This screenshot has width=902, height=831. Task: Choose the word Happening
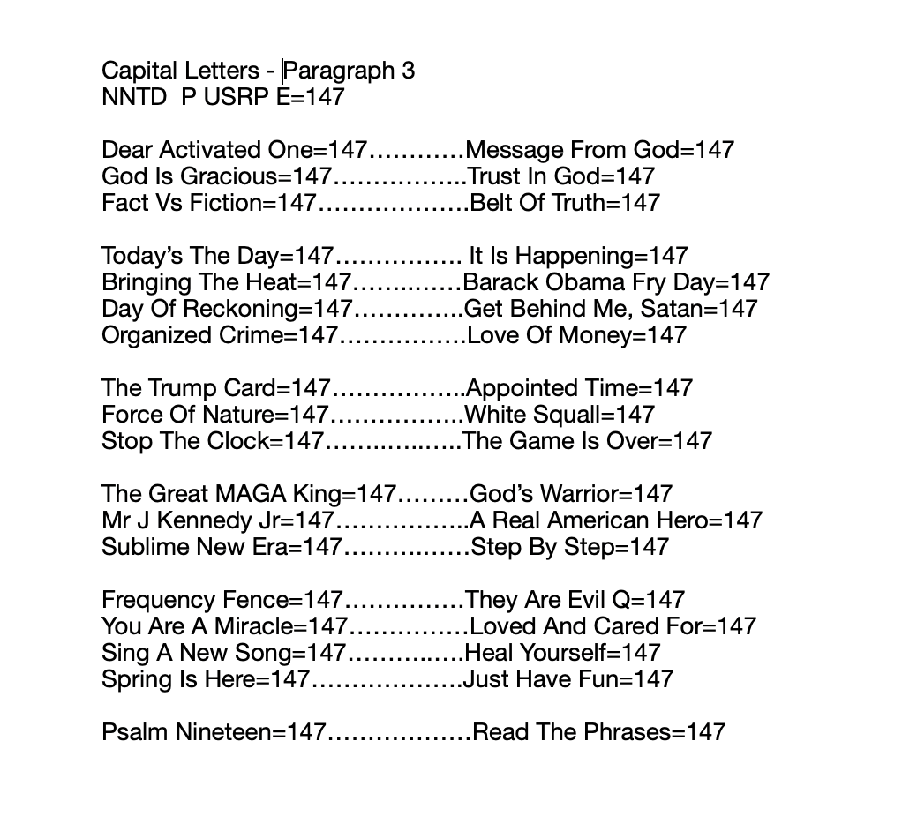(577, 256)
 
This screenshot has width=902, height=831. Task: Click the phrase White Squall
(535, 415)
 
